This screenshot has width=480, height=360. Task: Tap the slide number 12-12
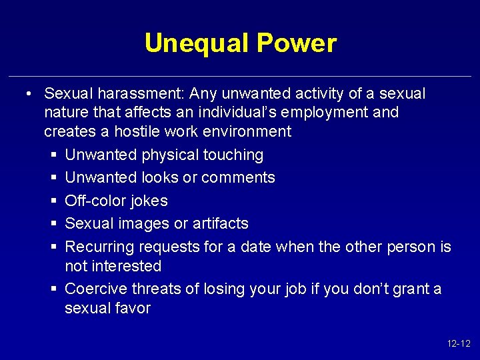coord(459,344)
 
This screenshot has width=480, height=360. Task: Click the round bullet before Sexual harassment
coord(30,93)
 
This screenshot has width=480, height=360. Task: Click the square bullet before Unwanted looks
coord(53,178)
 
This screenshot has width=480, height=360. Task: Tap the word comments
coord(238,177)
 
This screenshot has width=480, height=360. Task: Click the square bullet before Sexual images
coord(53,224)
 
